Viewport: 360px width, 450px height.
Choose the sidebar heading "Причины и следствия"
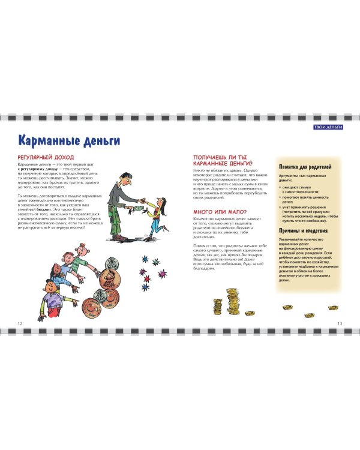(x=303, y=231)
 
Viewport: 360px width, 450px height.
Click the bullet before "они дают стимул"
(x=281, y=187)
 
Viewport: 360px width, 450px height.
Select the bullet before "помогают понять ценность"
(x=281, y=197)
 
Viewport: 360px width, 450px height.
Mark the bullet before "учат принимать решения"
(x=281, y=208)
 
